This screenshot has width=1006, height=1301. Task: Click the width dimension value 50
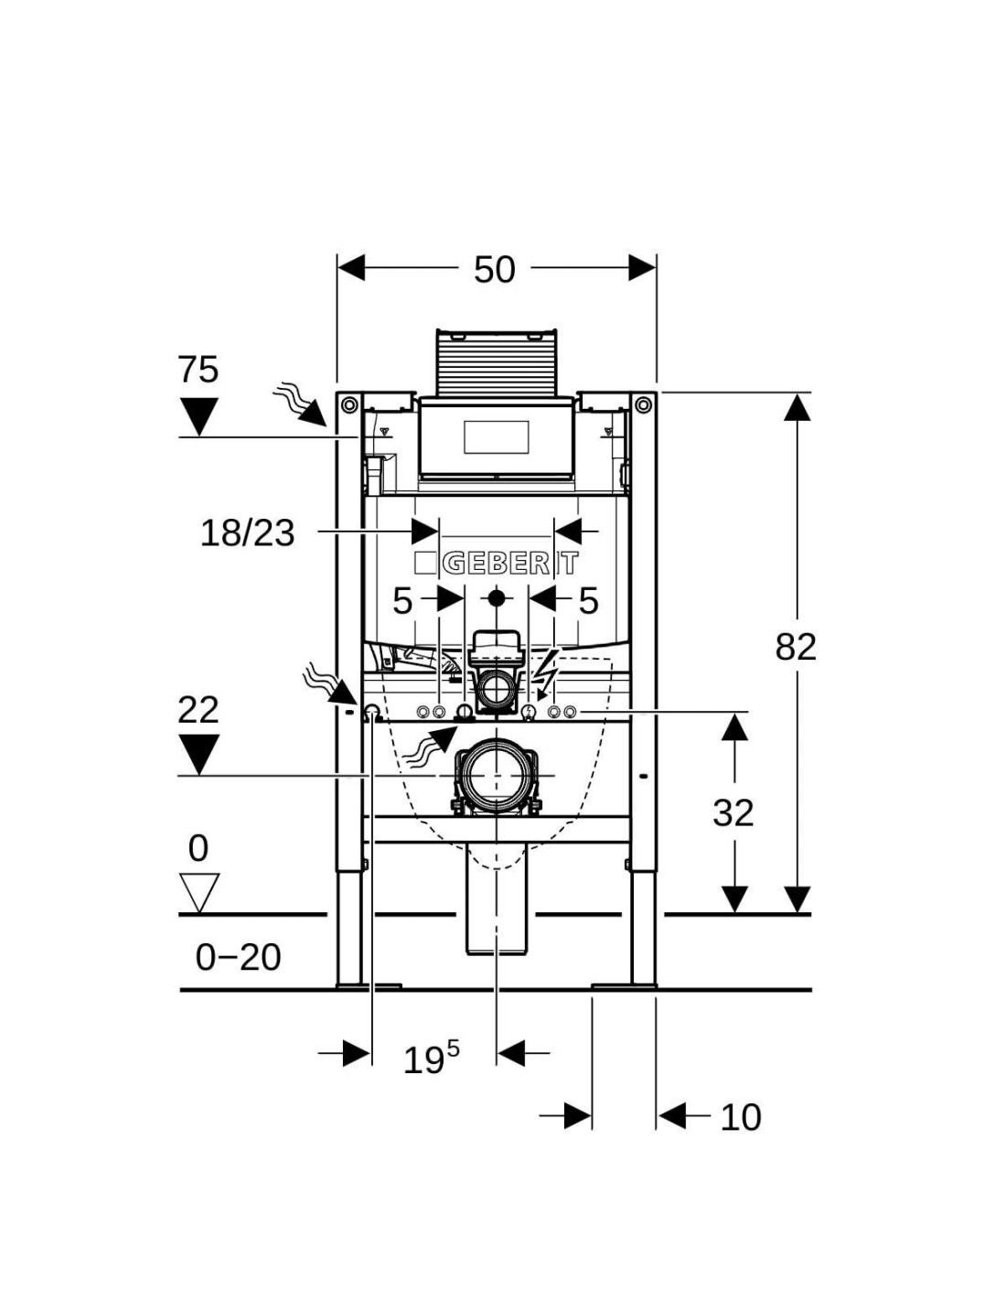tap(494, 270)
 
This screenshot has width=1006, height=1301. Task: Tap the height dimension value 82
tap(796, 647)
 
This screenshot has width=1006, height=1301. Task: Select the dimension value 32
tap(733, 812)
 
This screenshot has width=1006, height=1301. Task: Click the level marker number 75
tap(198, 371)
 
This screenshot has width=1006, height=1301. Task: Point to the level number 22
tap(198, 710)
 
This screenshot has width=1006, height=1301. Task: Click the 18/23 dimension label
tap(248, 532)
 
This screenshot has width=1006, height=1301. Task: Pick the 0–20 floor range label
tap(238, 958)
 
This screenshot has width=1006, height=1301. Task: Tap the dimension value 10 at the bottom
tap(740, 1117)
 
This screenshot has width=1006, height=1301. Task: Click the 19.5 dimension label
tap(431, 1059)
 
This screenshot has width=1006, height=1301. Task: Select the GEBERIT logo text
tap(498, 563)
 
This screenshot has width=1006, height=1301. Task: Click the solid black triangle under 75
tap(198, 416)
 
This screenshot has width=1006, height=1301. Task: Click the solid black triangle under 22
tap(198, 755)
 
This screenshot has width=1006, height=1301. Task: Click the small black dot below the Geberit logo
tap(497, 598)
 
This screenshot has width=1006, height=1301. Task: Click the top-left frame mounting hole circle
tap(348, 403)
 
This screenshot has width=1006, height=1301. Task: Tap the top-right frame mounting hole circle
tap(643, 403)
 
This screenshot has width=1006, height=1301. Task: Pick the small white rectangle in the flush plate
tap(497, 437)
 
